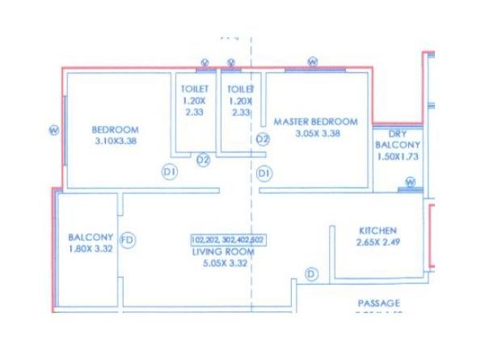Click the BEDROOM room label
115,129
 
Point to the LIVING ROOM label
222,252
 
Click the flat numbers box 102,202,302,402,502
227,240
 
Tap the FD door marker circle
127,240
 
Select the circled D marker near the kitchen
312,275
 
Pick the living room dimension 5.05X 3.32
222,263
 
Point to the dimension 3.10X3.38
114,141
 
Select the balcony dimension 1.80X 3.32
90,248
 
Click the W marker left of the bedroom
54,129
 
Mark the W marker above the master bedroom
313,62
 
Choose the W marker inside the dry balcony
410,182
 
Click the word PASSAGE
379,303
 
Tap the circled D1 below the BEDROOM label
169,172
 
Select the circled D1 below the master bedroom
264,173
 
